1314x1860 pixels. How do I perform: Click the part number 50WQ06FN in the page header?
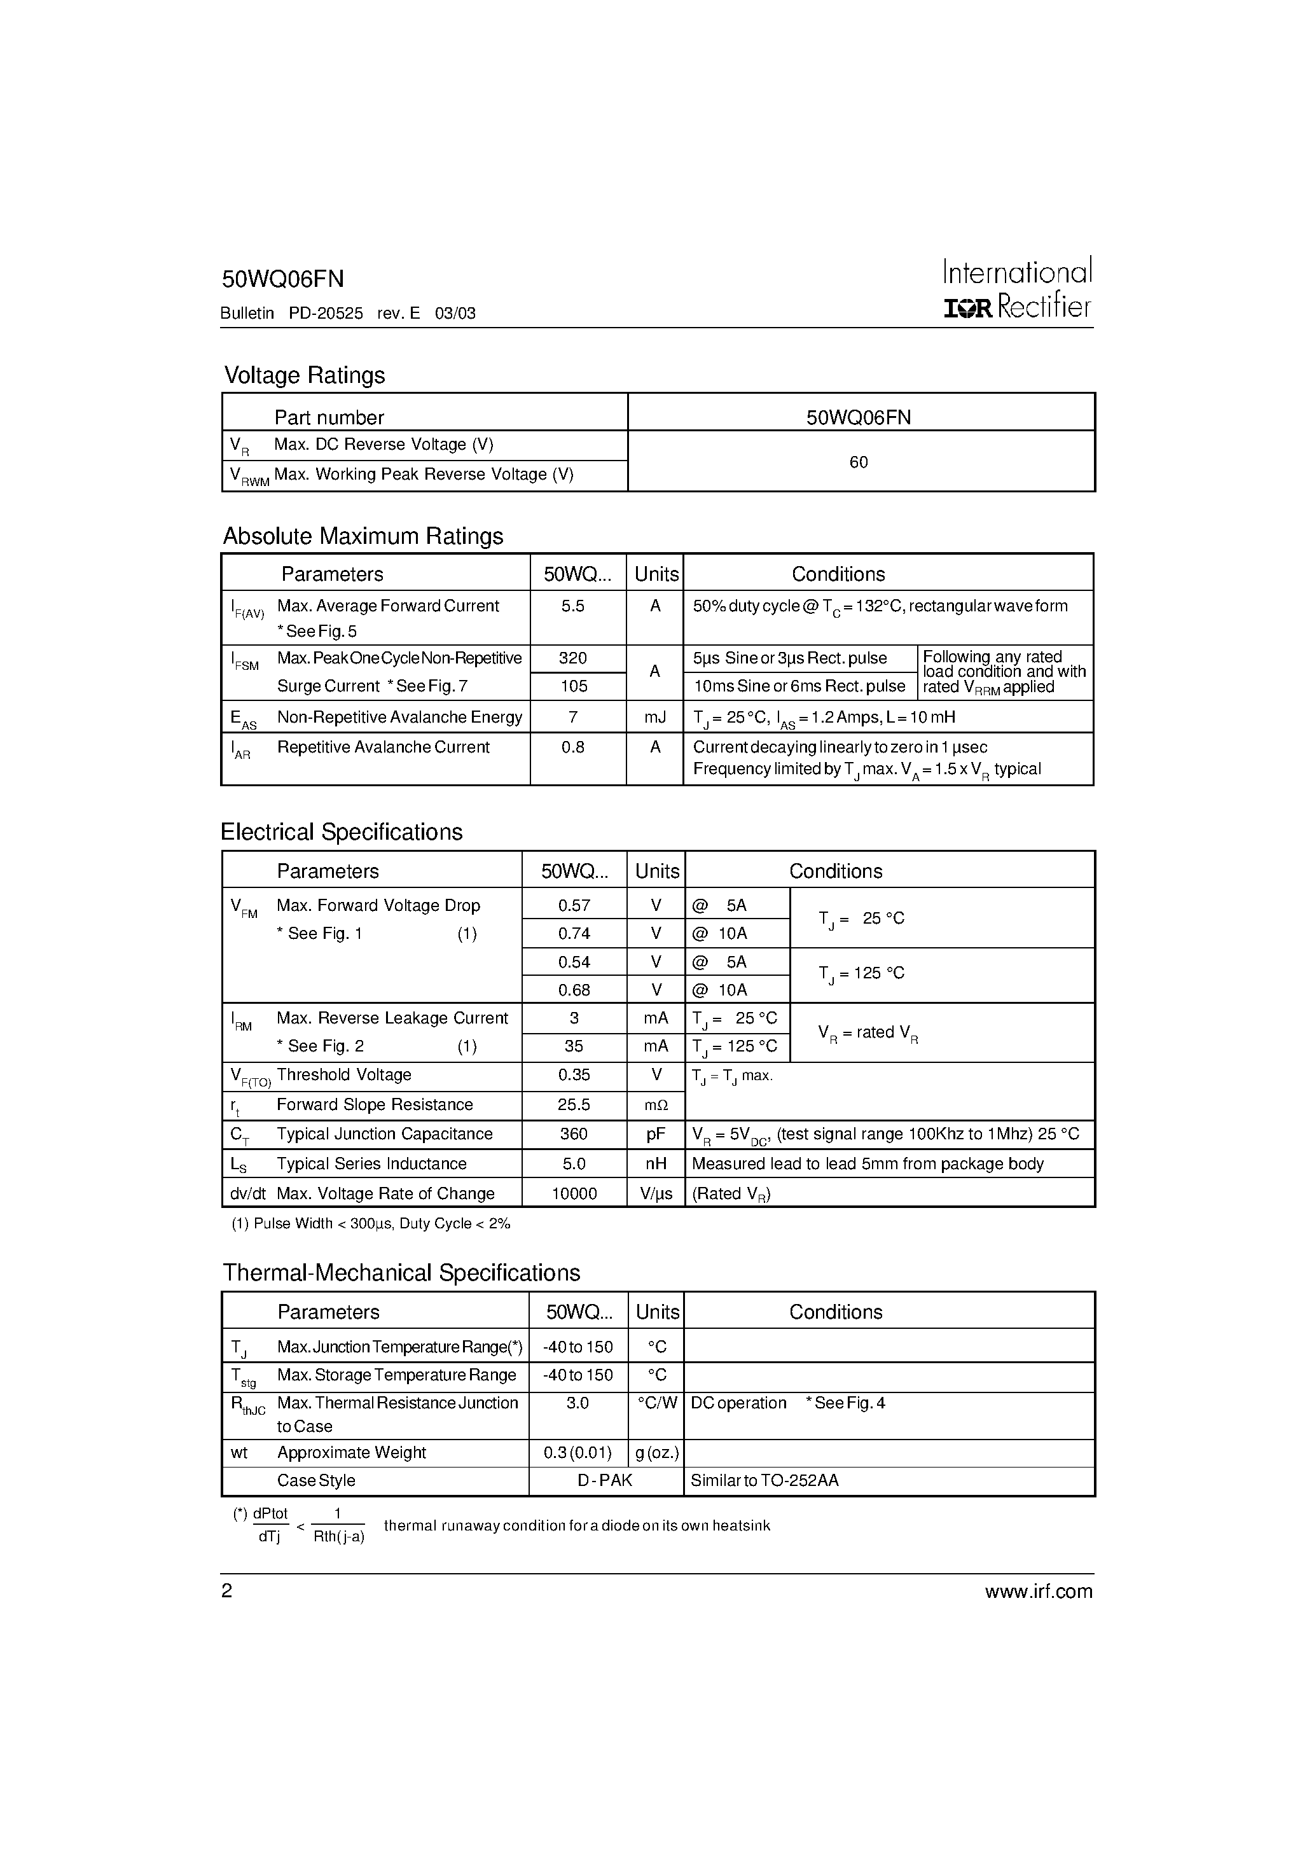click(x=283, y=279)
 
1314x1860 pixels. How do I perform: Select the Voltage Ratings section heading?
click(x=304, y=375)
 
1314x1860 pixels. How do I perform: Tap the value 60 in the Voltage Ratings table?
click(x=859, y=462)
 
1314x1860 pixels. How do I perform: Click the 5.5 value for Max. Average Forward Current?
click(x=573, y=606)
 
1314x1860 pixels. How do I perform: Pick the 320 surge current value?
click(x=573, y=658)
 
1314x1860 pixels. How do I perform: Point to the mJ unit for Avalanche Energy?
click(x=654, y=717)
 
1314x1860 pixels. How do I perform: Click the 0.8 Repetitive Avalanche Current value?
click(x=573, y=747)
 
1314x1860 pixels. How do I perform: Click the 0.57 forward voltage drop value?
click(x=574, y=906)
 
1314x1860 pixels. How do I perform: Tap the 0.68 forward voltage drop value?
click(x=574, y=990)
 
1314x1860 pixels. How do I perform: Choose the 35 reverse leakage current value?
click(x=574, y=1046)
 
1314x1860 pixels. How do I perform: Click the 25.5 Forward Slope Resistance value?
click(x=574, y=1104)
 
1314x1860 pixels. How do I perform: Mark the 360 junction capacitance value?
click(x=574, y=1134)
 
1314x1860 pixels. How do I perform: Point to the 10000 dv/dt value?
click(x=574, y=1193)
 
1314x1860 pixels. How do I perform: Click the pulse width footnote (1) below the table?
click(x=370, y=1223)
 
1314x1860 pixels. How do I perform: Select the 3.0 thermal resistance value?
click(x=577, y=1402)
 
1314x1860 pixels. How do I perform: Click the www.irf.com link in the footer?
click(x=1038, y=1591)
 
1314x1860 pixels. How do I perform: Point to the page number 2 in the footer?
click(x=227, y=1591)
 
